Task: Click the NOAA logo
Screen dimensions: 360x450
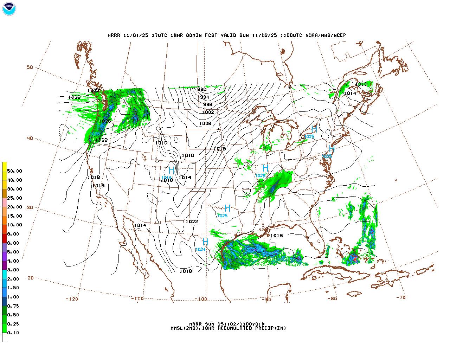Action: (x=9, y=9)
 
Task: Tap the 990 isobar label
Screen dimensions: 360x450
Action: (x=202, y=89)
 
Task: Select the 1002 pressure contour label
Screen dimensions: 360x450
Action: (x=208, y=112)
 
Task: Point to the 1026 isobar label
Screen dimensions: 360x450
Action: (x=105, y=121)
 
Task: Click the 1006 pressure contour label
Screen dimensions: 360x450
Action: (x=205, y=123)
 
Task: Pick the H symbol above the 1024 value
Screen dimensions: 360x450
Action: (x=206, y=242)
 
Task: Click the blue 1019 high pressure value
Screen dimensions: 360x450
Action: (x=166, y=178)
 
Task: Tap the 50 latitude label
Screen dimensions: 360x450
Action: (x=30, y=67)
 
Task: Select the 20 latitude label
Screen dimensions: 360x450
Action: (x=31, y=278)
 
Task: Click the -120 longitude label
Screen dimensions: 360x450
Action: (x=72, y=299)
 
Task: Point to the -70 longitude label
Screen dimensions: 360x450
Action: (x=401, y=297)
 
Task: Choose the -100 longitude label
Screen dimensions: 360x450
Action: (x=201, y=299)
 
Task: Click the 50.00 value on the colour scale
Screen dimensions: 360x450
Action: (x=14, y=171)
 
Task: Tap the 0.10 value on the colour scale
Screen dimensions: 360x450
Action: (x=13, y=333)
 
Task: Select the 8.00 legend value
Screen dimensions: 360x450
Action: (x=13, y=234)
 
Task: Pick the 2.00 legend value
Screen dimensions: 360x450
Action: (x=13, y=279)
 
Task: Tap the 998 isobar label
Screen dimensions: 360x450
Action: (x=208, y=104)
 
